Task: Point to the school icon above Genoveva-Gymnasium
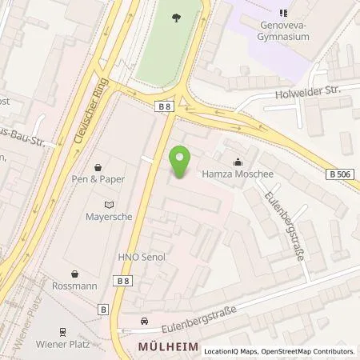283,12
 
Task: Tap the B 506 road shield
339,173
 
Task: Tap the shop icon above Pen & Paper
98,168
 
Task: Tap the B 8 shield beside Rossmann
122,282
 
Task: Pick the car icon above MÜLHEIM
144,322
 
